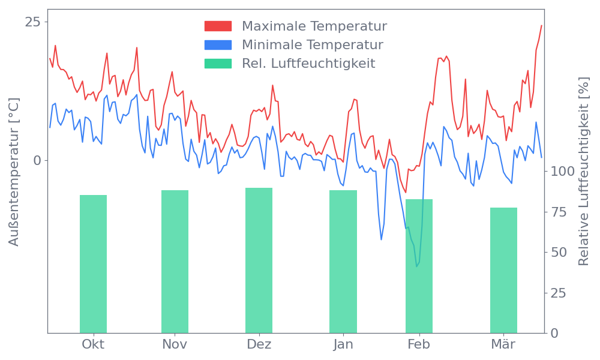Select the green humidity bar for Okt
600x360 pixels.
coord(93,264)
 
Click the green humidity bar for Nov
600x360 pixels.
coord(175,262)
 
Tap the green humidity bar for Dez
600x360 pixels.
coord(259,260)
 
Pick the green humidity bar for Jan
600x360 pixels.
coord(343,262)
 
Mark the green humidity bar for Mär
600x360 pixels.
coord(503,270)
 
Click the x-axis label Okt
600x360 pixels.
coord(93,344)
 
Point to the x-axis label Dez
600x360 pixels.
coord(259,344)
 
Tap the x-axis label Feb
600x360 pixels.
coord(419,344)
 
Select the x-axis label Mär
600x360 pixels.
coord(504,344)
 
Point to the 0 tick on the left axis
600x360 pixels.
coord(37,160)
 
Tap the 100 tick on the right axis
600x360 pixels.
coord(563,172)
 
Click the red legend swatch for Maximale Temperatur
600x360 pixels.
coord(218,26)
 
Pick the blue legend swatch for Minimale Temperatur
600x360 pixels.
coord(218,45)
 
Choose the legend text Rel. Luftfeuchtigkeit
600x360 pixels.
coord(308,63)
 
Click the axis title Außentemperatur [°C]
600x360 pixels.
coord(14,172)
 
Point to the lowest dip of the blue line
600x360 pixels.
coord(418,266)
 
